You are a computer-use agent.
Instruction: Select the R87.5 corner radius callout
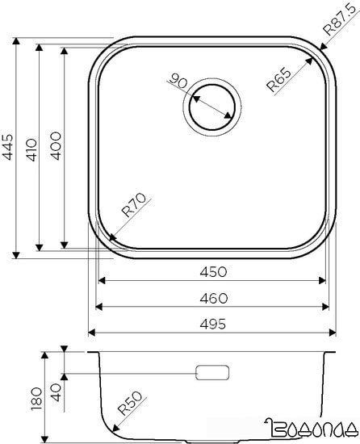[339, 22]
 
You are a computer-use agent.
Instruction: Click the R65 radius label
[278, 80]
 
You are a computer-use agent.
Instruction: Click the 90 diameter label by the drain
[179, 82]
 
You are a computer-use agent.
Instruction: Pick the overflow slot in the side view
[212, 374]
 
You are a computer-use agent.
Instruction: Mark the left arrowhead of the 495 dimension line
[91, 333]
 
